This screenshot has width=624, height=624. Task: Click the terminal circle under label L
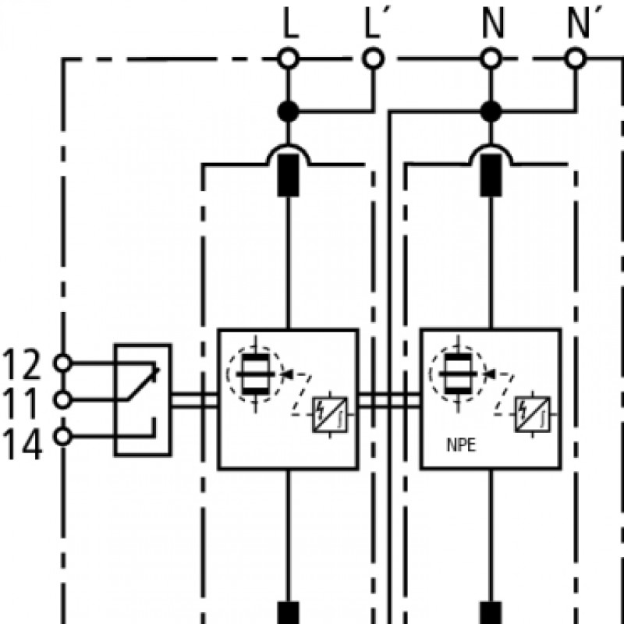pos(288,58)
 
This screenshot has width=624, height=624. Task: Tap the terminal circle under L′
pos(373,58)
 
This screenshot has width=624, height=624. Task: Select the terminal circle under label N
pos(491,58)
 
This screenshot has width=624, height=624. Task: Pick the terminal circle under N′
pos(576,58)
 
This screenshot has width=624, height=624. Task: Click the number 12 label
pos(22,363)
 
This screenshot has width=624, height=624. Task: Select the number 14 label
pos(22,445)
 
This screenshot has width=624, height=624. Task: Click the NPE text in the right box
pos(461,445)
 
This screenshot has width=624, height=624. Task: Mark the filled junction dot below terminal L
pos(288,112)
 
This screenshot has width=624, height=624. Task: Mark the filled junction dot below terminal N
pos(491,112)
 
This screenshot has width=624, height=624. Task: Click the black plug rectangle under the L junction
pos(288,175)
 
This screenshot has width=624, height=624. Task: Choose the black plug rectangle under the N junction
pos(491,175)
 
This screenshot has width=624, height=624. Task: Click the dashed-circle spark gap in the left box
pos(255,374)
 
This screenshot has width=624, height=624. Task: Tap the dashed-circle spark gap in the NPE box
pos(458,374)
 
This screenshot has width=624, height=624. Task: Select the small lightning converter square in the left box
pos(329,415)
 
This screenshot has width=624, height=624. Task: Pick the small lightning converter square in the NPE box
pos(533,415)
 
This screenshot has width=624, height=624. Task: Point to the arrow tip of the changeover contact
pos(159,370)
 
